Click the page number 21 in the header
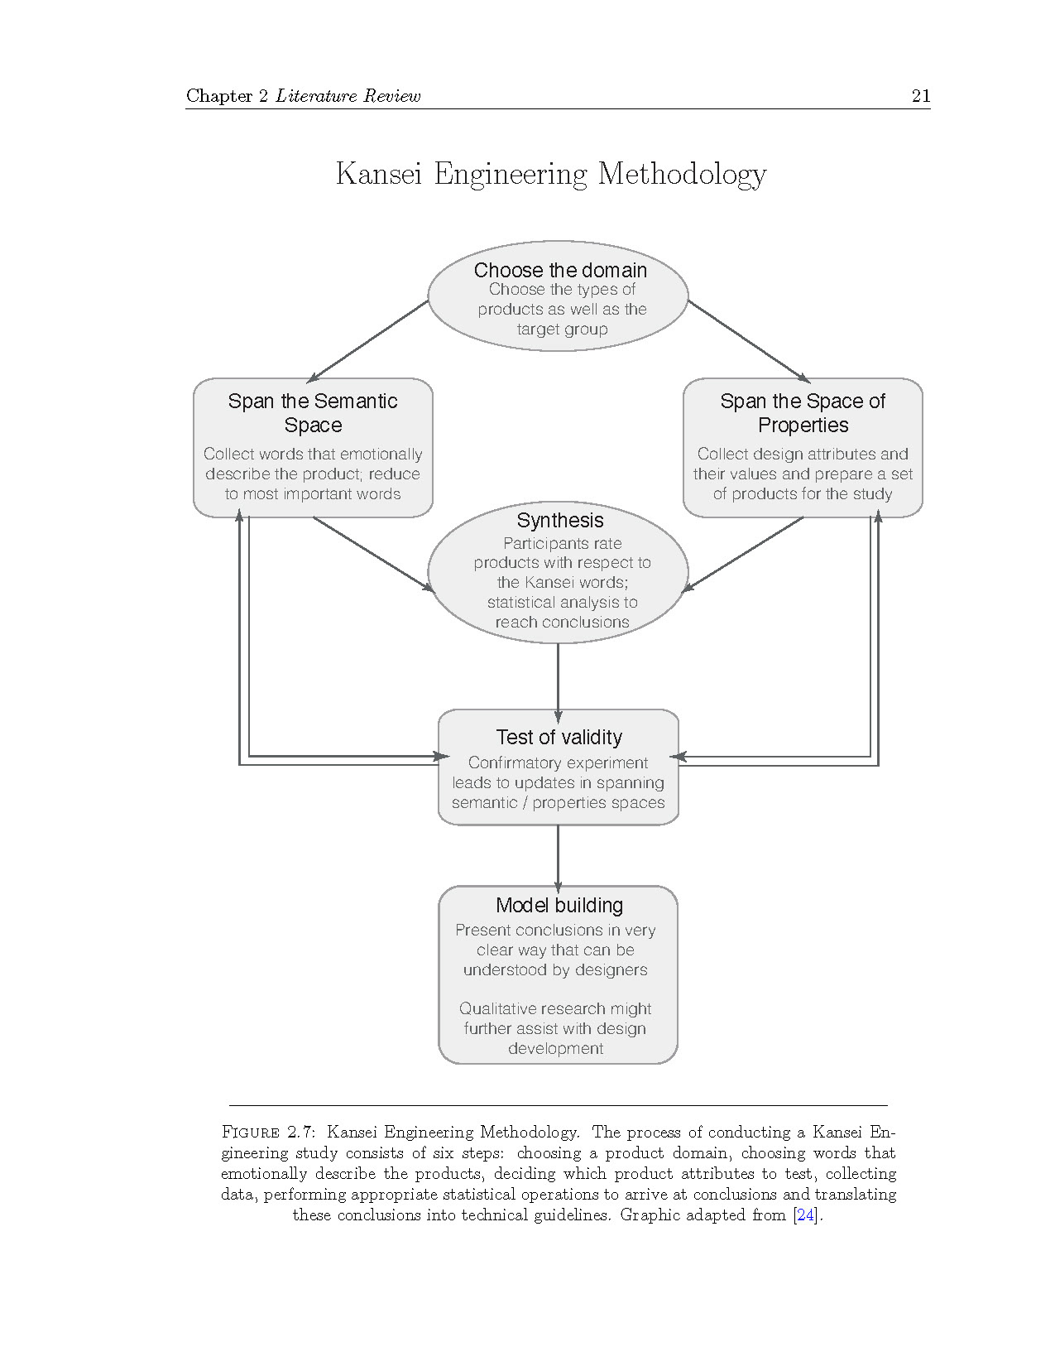tap(920, 95)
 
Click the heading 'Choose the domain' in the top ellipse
tap(560, 270)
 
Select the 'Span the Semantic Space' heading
tap(313, 413)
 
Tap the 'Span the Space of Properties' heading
tap(803, 413)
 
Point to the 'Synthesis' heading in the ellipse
tap(560, 520)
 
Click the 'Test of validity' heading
tap(559, 737)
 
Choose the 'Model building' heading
tap(559, 905)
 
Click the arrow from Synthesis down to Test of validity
tap(558, 679)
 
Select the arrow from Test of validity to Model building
tap(558, 857)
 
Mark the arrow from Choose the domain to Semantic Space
tap(368, 340)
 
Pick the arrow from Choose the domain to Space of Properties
tap(748, 340)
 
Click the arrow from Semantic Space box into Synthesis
tap(372, 554)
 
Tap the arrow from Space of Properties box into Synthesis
tap(742, 554)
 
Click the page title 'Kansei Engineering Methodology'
tap(550, 174)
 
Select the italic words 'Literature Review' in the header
tap(348, 96)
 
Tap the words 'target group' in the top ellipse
tap(562, 329)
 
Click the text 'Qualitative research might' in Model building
tap(555, 1008)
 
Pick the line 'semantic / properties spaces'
tap(558, 802)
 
